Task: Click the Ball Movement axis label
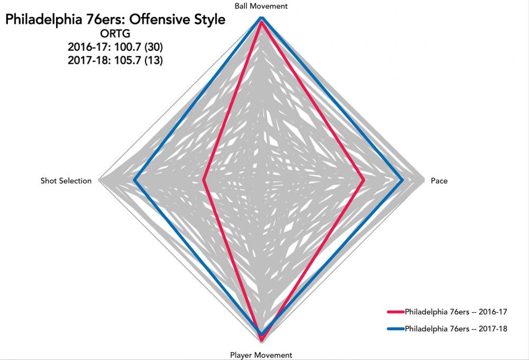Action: [261, 6]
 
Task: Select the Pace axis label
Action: [439, 181]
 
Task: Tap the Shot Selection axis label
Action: [66, 181]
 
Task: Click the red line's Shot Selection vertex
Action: [204, 181]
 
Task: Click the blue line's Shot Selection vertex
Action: [134, 181]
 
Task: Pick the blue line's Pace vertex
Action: [403, 181]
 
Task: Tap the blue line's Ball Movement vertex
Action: [261, 18]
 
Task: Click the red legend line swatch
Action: [395, 312]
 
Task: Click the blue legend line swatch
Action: [395, 329]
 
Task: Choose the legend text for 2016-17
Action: [456, 312]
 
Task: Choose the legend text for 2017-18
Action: [456, 329]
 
